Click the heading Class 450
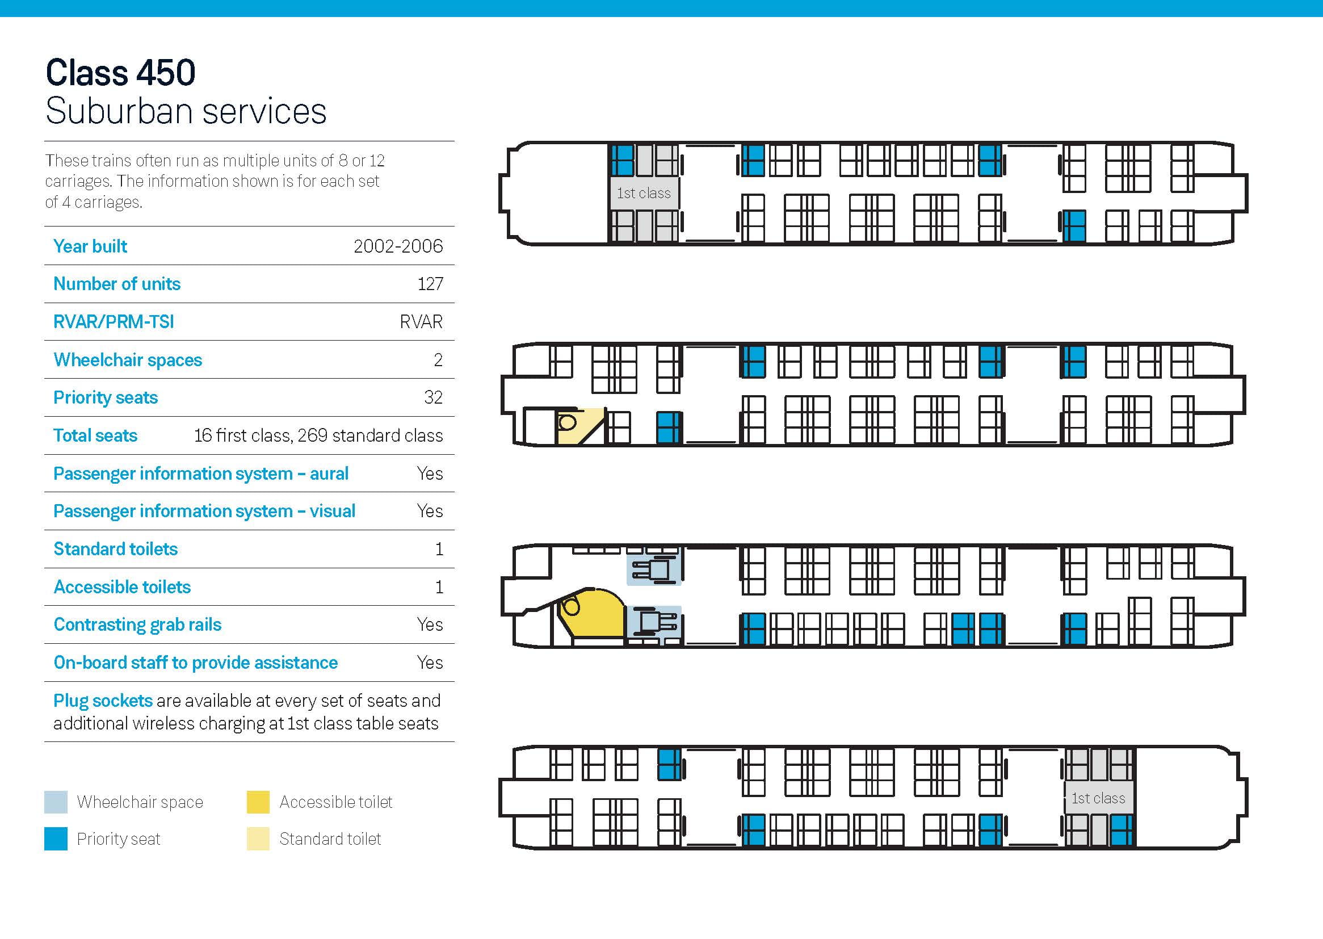click(x=120, y=73)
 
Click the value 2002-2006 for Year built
click(x=398, y=246)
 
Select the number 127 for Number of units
click(x=430, y=284)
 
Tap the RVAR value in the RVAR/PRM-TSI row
click(x=421, y=322)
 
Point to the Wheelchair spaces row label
click(x=128, y=360)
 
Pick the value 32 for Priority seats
click(x=433, y=397)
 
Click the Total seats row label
click(x=95, y=435)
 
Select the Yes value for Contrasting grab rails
click(x=430, y=624)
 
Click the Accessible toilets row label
click(x=122, y=587)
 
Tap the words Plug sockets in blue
click(x=103, y=701)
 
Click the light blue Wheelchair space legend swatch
click(x=56, y=802)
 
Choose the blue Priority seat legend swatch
click(x=56, y=839)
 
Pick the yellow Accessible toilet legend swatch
click(x=258, y=802)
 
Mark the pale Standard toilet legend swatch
click(x=258, y=839)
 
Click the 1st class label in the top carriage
click(x=643, y=193)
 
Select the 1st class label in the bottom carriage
click(x=1098, y=799)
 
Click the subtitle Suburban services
click(x=186, y=111)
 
